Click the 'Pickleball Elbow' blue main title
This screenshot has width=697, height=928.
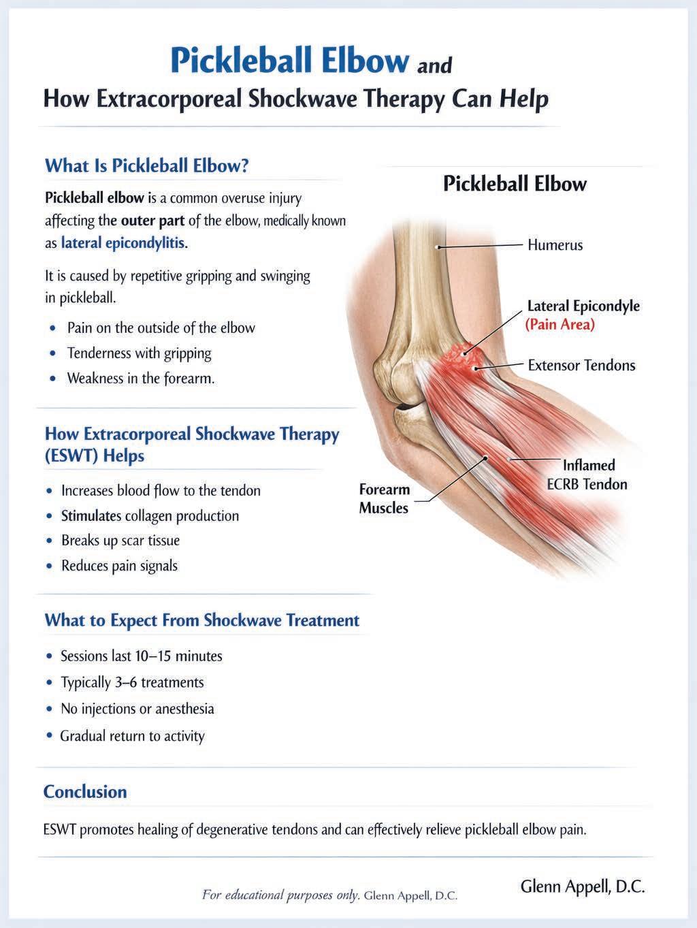289,61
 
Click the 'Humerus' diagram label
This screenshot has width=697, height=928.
555,245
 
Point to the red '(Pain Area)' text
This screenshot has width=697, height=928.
560,325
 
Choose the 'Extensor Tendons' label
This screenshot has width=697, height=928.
581,366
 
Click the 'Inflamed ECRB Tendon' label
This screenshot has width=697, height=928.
587,475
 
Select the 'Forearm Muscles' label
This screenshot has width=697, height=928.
384,498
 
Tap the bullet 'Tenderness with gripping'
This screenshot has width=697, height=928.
139,353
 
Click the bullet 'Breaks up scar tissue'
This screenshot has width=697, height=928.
120,541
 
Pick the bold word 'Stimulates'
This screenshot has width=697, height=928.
91,515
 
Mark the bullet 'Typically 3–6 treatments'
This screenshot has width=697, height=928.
132,682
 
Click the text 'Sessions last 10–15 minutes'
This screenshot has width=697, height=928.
142,656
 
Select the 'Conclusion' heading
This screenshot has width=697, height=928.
85,792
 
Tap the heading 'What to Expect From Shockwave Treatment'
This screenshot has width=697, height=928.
201,620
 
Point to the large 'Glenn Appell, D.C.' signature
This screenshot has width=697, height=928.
582,886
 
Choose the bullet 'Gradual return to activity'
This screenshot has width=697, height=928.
132,736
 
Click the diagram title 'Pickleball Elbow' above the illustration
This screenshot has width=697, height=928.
515,184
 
